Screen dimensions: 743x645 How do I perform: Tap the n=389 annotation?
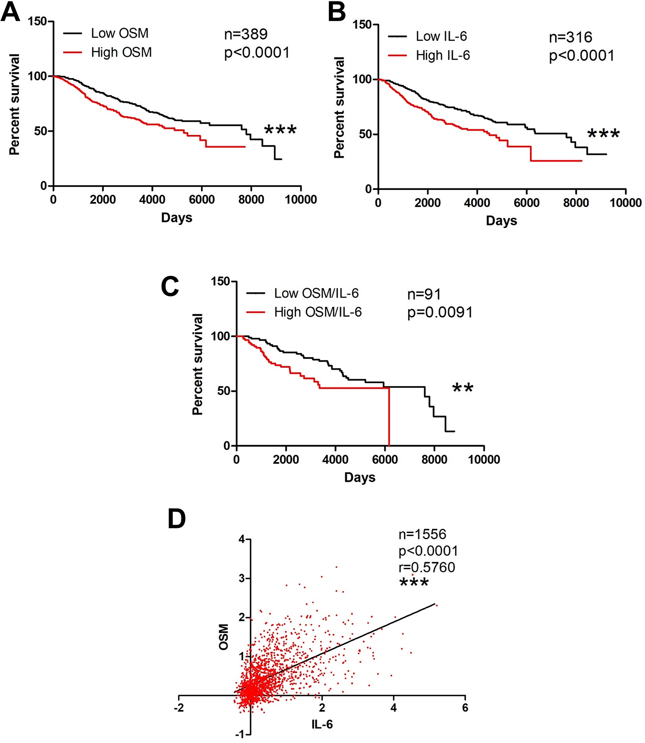[x=246, y=34]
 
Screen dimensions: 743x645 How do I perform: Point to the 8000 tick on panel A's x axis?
[x=251, y=199]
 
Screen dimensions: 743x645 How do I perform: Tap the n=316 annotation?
[x=571, y=37]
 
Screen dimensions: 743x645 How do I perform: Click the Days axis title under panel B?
[x=501, y=220]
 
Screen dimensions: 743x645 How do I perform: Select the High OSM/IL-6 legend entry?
[x=317, y=312]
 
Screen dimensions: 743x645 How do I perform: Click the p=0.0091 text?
[x=440, y=312]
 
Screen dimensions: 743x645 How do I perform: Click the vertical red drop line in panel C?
[x=389, y=417]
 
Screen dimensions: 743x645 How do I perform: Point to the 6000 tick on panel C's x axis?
[x=385, y=459]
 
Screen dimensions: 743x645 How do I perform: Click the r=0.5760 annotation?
[x=427, y=567]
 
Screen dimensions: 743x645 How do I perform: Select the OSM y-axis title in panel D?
[x=224, y=638]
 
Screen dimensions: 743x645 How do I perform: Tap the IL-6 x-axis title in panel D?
[x=322, y=724]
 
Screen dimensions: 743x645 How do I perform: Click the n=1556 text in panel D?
[x=422, y=535]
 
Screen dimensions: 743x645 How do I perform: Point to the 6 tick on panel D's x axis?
[x=465, y=708]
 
